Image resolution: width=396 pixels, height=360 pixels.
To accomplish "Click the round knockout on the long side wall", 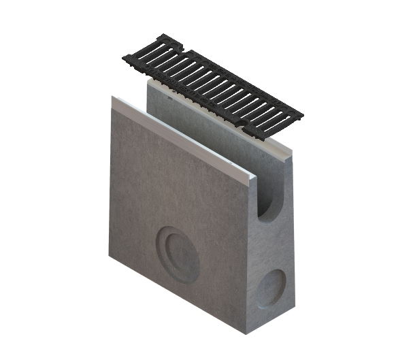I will (x=178, y=254).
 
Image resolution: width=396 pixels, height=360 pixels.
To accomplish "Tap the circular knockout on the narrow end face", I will (x=272, y=288).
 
